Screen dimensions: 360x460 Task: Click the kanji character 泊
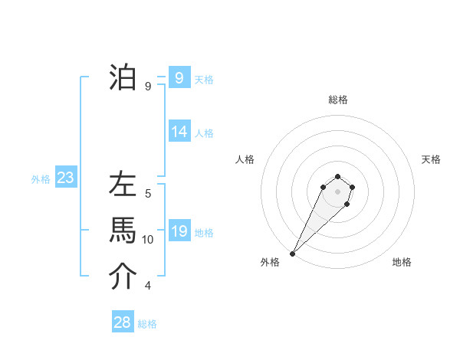pos(123,77)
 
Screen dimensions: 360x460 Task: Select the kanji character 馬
pos(123,231)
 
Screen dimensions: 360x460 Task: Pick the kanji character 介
pos(123,277)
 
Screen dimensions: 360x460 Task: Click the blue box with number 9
pos(179,77)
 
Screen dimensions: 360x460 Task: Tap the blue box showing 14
pos(179,131)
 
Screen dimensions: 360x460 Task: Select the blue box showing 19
pos(179,231)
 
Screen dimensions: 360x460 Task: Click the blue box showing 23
pos(65,178)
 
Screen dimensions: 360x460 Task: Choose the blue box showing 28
pos(123,322)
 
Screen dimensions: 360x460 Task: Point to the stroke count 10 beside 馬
pos(148,240)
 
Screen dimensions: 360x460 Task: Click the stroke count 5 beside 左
pos(148,194)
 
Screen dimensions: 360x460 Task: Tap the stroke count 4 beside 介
pos(148,286)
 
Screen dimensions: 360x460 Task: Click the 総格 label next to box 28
pos(147,324)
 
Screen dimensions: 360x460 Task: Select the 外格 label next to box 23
pos(41,179)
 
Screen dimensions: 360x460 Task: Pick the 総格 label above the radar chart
pos(337,100)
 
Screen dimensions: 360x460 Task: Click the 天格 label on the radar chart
pos(431,159)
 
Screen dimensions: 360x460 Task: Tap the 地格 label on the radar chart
pos(402,262)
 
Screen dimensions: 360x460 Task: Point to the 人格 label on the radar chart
pos(245,159)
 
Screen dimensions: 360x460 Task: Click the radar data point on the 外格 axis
pos(292,253)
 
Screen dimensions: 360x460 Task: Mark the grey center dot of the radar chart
pos(337,191)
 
